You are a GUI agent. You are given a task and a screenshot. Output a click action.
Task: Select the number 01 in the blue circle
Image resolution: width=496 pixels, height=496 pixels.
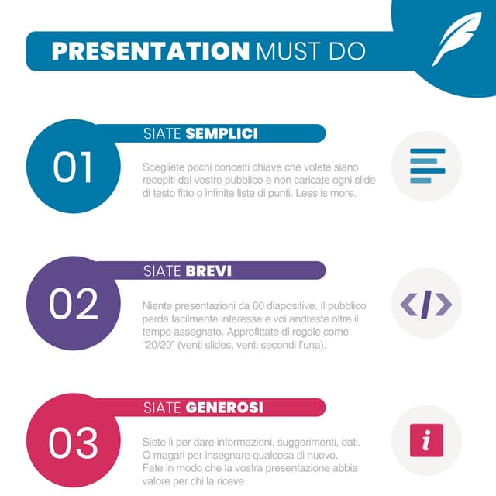click(x=73, y=167)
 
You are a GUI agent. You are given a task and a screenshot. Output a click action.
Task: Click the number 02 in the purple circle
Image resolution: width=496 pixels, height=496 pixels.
click(x=74, y=304)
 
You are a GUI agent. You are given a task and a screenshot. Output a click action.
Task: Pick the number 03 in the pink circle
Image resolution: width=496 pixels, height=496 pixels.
click(x=74, y=442)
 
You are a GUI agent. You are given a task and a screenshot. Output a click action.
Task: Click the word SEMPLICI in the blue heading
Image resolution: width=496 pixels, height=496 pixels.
click(x=222, y=134)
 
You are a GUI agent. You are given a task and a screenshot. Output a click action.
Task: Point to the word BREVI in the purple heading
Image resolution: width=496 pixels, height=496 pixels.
click(x=208, y=271)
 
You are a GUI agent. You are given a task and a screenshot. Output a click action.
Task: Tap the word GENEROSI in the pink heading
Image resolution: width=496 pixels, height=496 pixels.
click(x=225, y=408)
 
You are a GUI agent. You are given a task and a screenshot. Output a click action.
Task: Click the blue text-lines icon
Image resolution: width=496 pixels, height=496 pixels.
click(x=427, y=165)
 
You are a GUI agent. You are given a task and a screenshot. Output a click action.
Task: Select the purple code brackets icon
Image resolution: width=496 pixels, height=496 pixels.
click(x=426, y=304)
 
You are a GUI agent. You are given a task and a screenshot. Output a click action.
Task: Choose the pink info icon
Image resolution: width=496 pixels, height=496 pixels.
click(x=426, y=440)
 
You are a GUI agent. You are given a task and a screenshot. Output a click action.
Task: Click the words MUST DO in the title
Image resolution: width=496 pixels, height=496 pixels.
click(x=310, y=51)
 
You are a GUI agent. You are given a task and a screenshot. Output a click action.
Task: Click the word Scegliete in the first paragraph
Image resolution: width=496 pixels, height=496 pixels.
click(x=163, y=167)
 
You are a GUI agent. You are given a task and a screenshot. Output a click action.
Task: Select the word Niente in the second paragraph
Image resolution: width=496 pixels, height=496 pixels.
click(x=157, y=306)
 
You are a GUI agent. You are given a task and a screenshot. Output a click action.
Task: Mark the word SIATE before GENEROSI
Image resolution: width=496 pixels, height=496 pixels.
click(x=163, y=408)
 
